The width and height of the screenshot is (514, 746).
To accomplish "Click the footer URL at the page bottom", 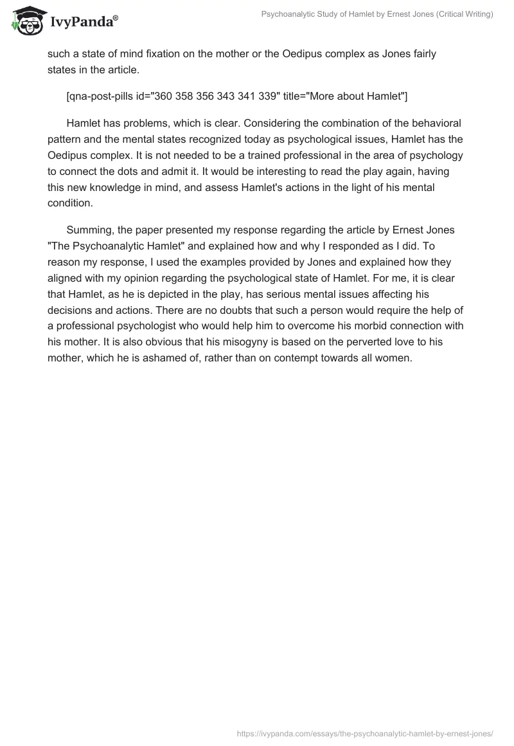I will click(x=365, y=733).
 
